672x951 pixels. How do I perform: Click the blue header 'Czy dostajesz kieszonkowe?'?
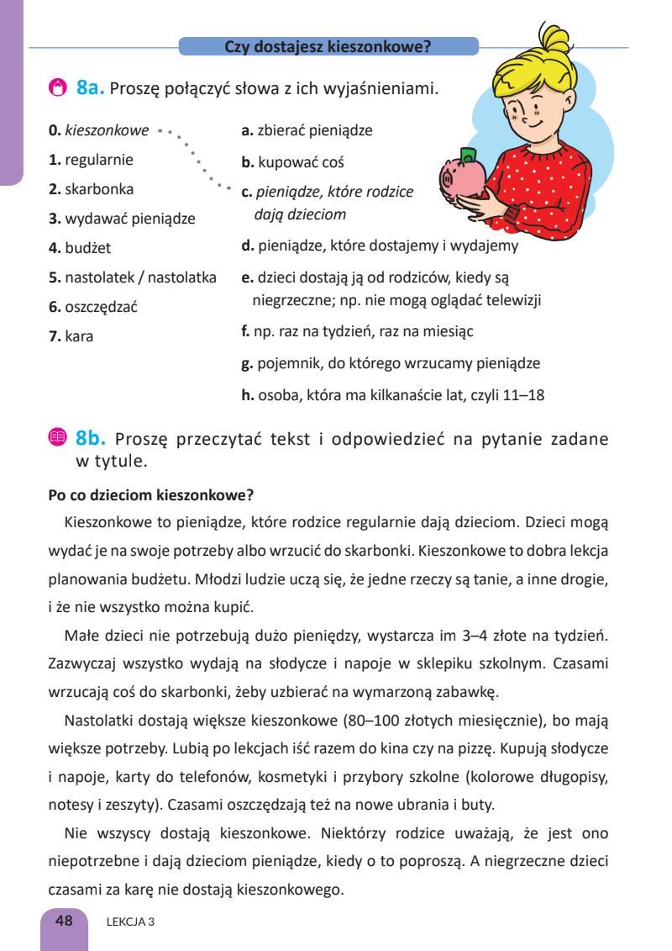[x=328, y=47]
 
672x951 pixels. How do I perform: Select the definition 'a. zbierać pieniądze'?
[x=307, y=130]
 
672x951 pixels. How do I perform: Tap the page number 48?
[x=64, y=921]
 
